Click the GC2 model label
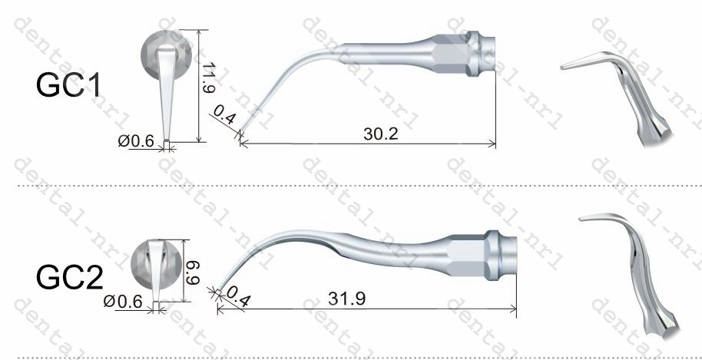coord(69,277)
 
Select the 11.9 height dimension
coord(207,77)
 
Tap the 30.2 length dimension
coord(380,134)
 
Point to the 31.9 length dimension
coord(346,299)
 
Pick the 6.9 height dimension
coord(193,272)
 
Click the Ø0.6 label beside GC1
coord(136,141)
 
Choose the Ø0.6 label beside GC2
coord(123,302)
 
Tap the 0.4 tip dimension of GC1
coord(224,115)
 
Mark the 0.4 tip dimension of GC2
coord(238,296)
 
